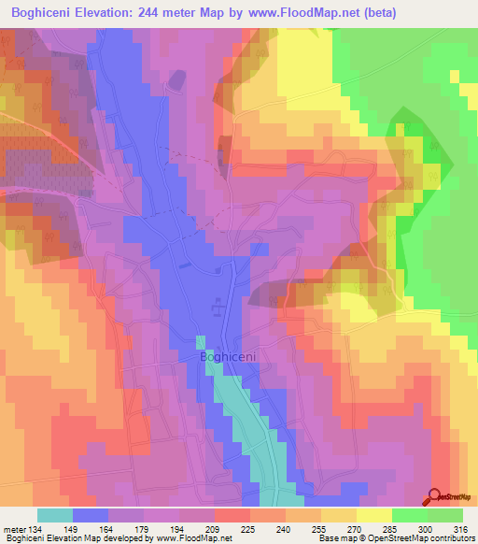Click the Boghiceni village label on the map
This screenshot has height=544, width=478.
click(231, 356)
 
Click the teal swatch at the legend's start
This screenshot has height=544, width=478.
click(55, 515)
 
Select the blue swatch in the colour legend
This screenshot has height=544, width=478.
click(91, 515)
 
